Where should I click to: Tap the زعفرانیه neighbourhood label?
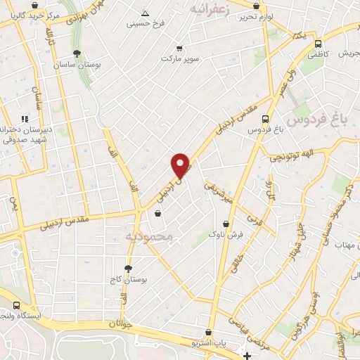coord(211,9)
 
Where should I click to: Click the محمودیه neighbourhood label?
coord(148,237)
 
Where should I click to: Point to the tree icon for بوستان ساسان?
coord(76,53)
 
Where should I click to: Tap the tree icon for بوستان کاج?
coord(127,268)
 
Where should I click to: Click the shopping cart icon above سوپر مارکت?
coord(179,49)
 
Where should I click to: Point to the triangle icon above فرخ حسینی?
coord(145,13)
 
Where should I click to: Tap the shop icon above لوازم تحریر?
coord(255,6)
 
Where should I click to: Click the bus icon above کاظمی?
coord(318,43)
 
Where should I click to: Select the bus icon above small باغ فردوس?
coord(265,119)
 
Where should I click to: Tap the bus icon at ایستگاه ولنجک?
coord(15,305)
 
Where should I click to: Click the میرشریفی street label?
coord(218,193)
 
